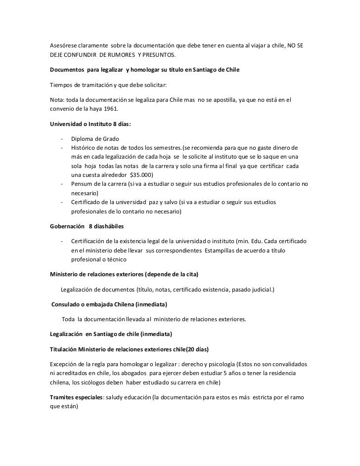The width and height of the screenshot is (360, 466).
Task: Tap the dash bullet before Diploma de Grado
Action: pos(63,138)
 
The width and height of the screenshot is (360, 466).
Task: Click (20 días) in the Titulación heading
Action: pos(195,349)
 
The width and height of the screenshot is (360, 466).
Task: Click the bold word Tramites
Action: pos(63,398)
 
